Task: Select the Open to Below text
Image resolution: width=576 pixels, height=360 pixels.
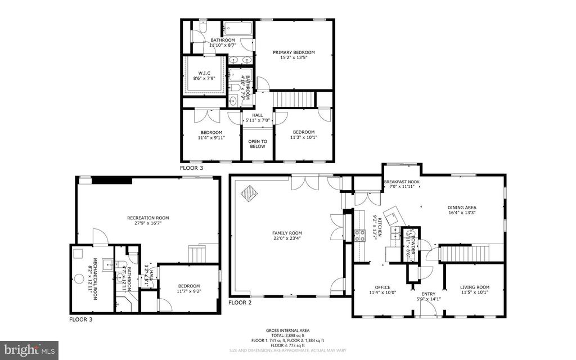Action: click(258, 143)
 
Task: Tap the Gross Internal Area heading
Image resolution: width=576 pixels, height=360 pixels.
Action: click(287, 331)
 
